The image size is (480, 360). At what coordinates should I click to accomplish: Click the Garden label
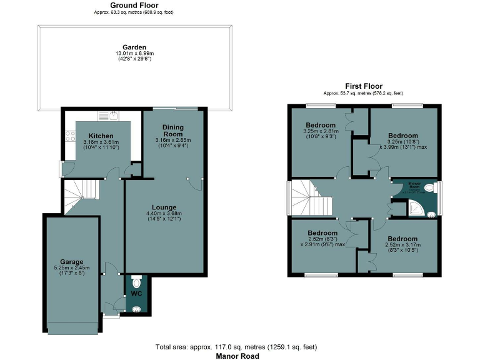point(134,47)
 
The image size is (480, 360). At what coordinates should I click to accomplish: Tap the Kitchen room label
point(101,136)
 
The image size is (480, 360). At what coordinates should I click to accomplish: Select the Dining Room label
point(173,131)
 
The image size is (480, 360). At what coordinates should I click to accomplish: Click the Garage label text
point(72,261)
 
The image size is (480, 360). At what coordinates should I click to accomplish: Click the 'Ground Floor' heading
point(134,5)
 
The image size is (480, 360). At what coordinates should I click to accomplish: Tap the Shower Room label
point(414,184)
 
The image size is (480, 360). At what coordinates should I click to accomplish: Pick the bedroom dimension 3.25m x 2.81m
point(321,132)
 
